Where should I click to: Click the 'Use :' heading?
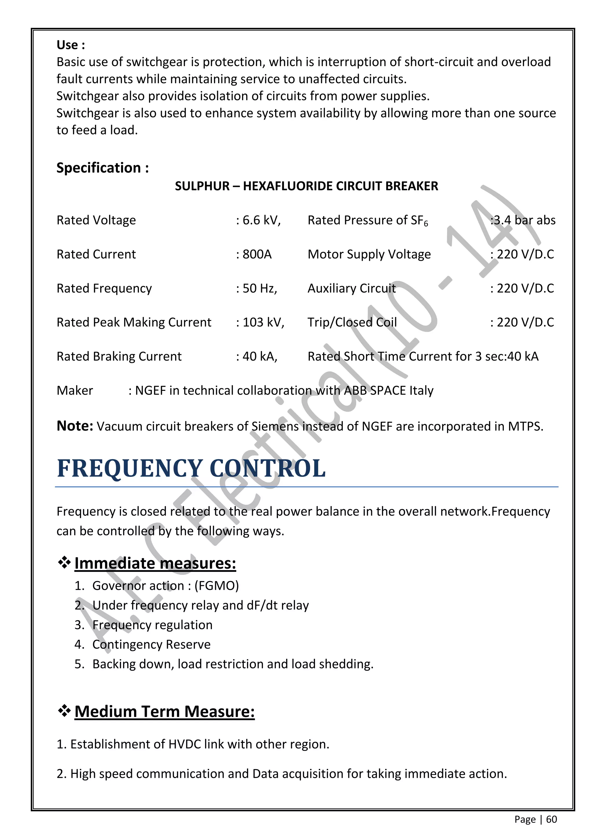click(70, 45)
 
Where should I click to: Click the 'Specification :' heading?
click(102, 168)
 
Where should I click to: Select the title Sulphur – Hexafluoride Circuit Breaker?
click(306, 186)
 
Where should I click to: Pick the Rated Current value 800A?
click(257, 254)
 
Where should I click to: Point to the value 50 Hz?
click(259, 288)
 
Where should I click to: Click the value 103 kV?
click(263, 322)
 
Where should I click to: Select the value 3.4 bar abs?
click(524, 220)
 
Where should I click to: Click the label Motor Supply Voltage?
click(369, 254)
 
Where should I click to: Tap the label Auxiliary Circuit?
click(351, 288)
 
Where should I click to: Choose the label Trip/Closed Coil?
click(352, 322)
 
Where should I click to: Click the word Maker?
click(75, 391)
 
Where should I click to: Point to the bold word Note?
click(75, 426)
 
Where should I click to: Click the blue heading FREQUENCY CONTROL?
click(191, 468)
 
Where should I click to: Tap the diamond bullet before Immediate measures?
click(64, 563)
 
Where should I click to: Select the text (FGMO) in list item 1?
click(217, 586)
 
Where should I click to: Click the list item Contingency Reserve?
click(151, 644)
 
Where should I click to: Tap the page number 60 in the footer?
click(551, 820)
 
